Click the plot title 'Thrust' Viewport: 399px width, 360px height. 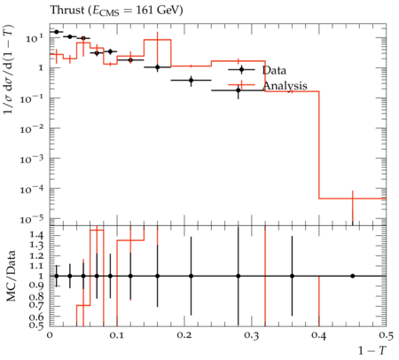pyautogui.click(x=67, y=10)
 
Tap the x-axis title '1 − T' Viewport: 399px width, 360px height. pyautogui.click(x=372, y=350)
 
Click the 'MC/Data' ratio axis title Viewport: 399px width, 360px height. pyautogui.click(x=12, y=276)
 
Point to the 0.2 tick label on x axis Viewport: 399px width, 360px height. pyautogui.click(x=184, y=336)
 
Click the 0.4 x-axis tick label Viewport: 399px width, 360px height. pyautogui.click(x=319, y=336)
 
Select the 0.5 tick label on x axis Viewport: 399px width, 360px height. pyautogui.click(x=386, y=336)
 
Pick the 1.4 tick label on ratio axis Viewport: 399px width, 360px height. pyautogui.click(x=37, y=236)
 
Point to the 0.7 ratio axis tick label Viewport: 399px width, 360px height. pyautogui.click(x=37, y=306)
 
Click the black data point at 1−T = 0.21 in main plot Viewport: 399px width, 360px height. pyautogui.click(x=192, y=80)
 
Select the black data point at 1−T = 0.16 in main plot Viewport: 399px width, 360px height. pyautogui.click(x=158, y=67)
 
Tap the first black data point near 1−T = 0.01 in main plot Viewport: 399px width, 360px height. pyautogui.click(x=57, y=32)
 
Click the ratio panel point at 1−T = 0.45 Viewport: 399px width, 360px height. pyautogui.click(x=353, y=276)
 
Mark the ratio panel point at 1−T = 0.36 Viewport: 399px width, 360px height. pyautogui.click(x=292, y=276)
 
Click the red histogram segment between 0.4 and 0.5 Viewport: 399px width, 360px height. pyautogui.click(x=353, y=199)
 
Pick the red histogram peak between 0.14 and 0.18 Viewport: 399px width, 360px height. pyautogui.click(x=158, y=40)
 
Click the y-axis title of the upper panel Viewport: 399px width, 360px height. pyautogui.click(x=9, y=70)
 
